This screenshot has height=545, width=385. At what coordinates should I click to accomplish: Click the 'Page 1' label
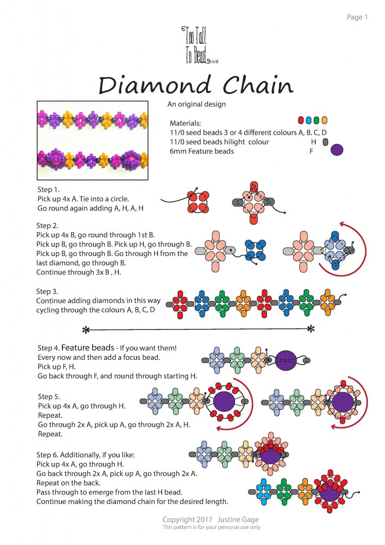coord(357,18)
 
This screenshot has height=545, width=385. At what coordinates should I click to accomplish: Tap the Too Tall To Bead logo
coord(200,45)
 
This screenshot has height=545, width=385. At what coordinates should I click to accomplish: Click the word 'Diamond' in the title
coord(155,85)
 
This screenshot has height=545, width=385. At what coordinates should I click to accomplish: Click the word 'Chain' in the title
coord(258,85)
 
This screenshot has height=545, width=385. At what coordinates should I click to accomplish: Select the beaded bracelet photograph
coord(93,141)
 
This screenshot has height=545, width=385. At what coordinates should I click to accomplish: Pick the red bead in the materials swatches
coord(301,120)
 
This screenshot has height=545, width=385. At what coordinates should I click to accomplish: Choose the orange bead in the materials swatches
coord(324,120)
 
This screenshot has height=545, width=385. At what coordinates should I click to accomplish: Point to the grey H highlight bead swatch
coord(325,142)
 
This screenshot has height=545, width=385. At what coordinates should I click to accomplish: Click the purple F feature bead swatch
coord(337,150)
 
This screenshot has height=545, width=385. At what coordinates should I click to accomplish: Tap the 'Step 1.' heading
coord(48,190)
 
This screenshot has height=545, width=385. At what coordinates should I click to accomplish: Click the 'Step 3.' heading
coord(47,292)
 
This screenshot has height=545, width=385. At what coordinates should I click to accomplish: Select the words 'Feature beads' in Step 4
coord(88,348)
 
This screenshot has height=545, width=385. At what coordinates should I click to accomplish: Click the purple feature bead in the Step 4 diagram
coord(286,360)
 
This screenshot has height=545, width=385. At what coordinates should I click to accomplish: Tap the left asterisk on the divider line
coord(86,330)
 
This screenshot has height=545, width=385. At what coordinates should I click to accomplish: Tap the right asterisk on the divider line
coord(311,329)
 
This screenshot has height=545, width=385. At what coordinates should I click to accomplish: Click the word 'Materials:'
coord(186,123)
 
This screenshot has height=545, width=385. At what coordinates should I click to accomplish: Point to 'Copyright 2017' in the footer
coord(188,519)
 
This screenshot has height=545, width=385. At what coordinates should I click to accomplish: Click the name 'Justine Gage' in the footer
coord(238,519)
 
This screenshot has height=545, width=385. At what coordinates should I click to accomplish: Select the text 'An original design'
coord(197,104)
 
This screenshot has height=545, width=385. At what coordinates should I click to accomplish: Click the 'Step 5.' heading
coord(49,397)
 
